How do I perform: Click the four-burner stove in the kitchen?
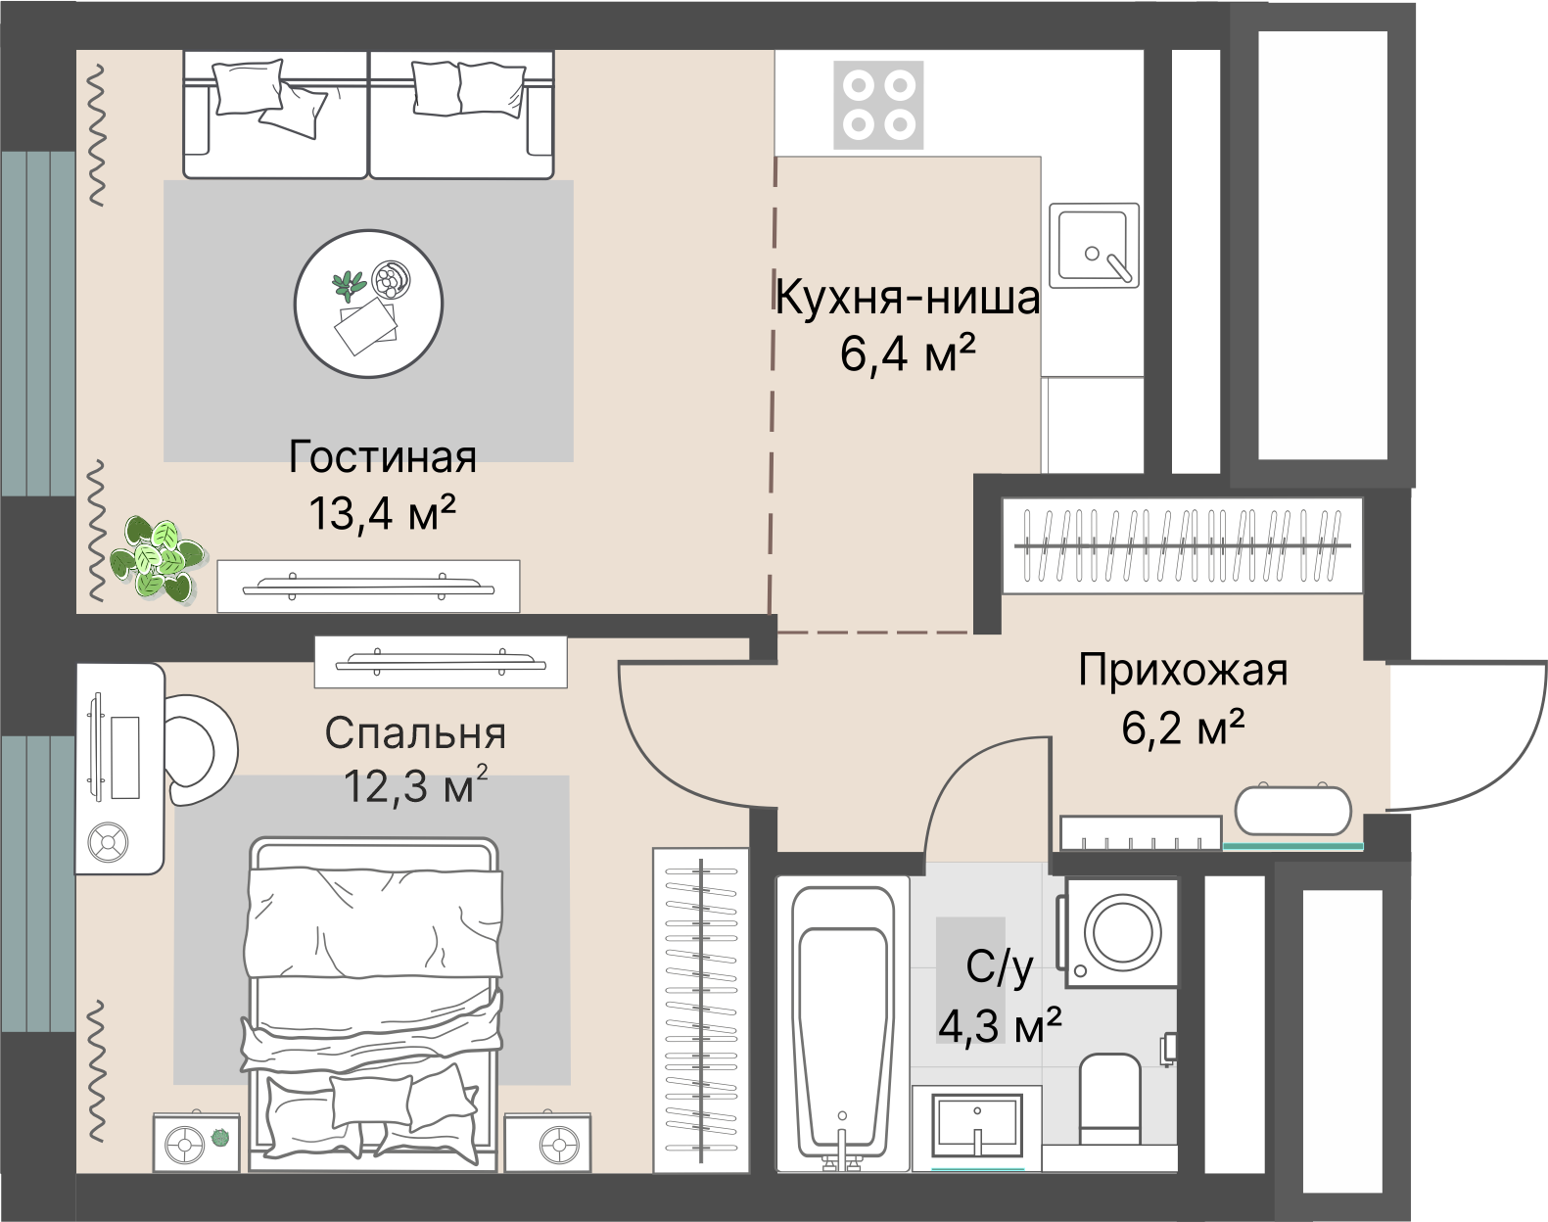tap(878, 105)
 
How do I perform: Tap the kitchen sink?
tap(1094, 245)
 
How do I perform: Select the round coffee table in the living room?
tap(369, 303)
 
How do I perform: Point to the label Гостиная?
tap(383, 457)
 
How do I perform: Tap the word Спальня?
tap(415, 733)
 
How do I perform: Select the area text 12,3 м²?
tap(415, 785)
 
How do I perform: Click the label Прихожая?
tap(1182, 672)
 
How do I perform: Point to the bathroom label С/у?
tap(999, 968)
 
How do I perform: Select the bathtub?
tap(843, 1023)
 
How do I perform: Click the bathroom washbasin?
tap(977, 1126)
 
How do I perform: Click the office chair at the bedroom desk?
tap(201, 749)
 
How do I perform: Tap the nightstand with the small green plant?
tap(196, 1142)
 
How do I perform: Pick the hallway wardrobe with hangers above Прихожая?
tap(1181, 545)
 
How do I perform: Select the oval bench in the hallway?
tap(1292, 811)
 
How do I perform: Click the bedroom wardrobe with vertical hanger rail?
tap(701, 1009)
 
